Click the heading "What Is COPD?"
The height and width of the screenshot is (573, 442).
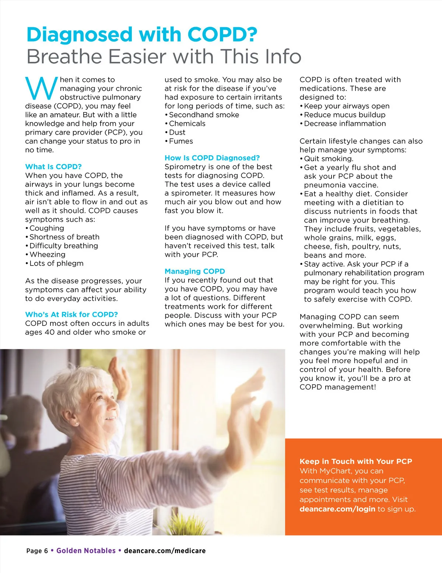53,167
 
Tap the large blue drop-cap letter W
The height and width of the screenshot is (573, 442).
41,89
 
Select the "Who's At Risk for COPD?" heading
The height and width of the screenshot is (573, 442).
71,314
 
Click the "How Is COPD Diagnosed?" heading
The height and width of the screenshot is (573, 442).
212,158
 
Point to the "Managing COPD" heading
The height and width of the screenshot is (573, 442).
194,271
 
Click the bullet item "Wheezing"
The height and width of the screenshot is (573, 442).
47,255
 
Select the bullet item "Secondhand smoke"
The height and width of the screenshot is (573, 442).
204,115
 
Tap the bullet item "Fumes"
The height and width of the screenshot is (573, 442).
181,141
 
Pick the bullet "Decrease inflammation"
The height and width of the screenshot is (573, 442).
345,124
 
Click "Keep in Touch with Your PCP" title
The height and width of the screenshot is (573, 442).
356,461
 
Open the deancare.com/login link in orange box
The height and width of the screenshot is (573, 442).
337,509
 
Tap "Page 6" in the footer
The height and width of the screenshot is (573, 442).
37,551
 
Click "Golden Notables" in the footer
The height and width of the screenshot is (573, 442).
86,551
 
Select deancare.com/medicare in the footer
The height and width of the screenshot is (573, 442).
165,551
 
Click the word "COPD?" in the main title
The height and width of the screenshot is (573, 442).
222,35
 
